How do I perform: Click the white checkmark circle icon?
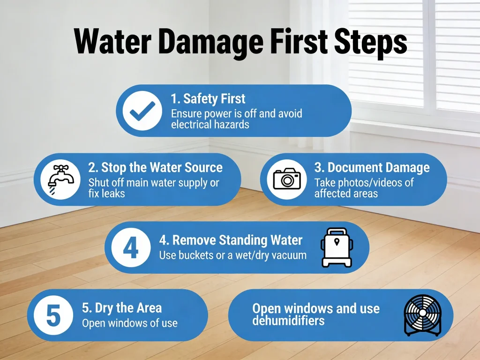[x=142, y=111]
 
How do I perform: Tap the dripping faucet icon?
[x=60, y=180]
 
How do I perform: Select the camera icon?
[x=287, y=179]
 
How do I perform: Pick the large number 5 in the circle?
[x=53, y=315]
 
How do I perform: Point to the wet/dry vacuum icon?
[x=337, y=247]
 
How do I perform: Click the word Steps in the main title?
[x=370, y=42]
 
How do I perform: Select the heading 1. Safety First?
[x=208, y=98]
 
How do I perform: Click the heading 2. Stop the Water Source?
[x=156, y=167]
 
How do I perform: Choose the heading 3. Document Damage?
[x=372, y=167]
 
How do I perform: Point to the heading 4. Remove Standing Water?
[x=231, y=240]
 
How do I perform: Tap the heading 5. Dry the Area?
[x=122, y=308]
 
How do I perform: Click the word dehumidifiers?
[x=288, y=321]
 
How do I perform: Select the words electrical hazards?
[x=210, y=124]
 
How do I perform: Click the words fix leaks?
[x=106, y=194]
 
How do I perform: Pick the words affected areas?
[x=346, y=194]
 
